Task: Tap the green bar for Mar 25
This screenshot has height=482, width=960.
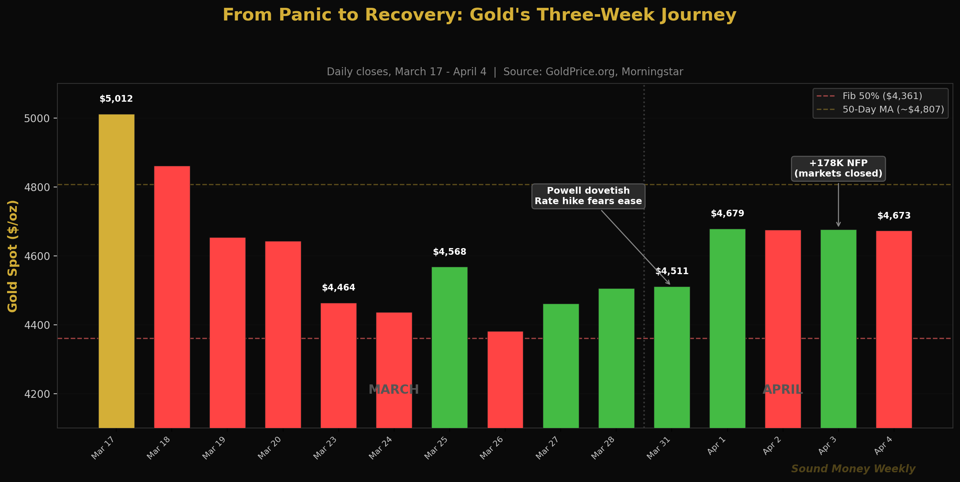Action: [449, 347]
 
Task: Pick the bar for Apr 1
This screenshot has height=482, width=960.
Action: [727, 328]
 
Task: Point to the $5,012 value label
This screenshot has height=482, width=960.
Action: [116, 99]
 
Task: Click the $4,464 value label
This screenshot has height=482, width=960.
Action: [338, 288]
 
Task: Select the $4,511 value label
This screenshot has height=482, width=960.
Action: [672, 271]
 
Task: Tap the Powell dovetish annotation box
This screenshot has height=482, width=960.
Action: [588, 196]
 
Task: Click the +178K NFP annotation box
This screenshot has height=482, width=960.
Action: [838, 168]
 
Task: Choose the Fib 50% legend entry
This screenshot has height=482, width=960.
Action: [882, 96]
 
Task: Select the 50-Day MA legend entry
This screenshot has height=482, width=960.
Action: [893, 110]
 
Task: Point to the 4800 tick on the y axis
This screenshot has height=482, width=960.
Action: [37, 187]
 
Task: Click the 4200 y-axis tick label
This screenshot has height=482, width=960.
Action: [37, 394]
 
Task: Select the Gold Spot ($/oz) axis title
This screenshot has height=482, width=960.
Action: [13, 256]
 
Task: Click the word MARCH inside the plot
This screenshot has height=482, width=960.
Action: [393, 390]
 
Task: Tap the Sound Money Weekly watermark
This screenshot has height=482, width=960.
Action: [853, 469]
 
